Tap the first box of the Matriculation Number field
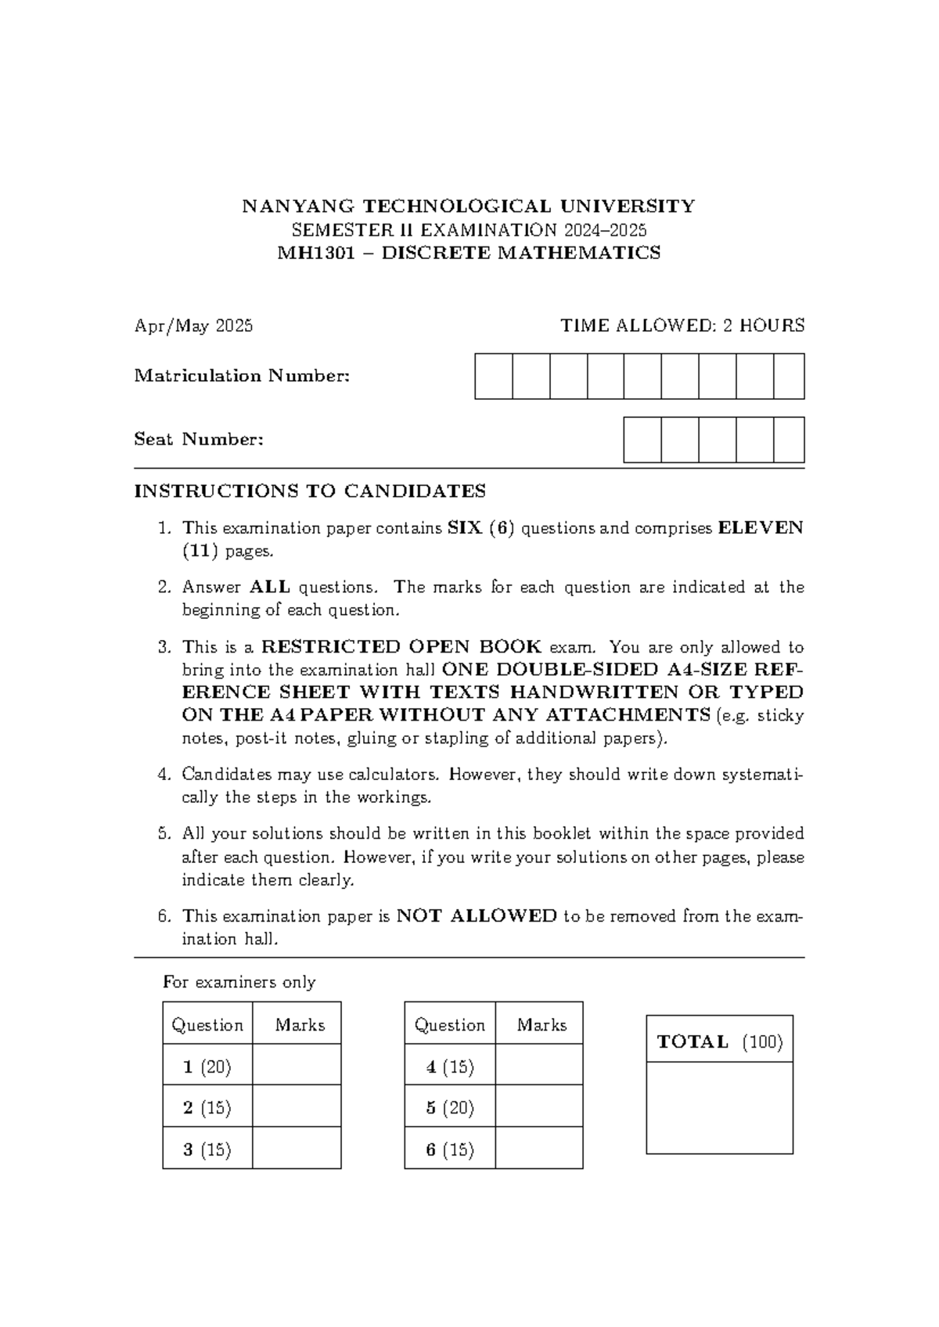(494, 376)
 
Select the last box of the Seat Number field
(789, 440)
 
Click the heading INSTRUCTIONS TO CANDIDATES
(310, 491)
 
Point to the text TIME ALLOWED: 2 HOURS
(682, 325)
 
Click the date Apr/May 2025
(193, 326)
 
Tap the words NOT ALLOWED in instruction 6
(477, 916)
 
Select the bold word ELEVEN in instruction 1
(761, 528)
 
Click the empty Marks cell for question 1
(297, 1066)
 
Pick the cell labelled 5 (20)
(450, 1108)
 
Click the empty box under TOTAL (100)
(719, 1107)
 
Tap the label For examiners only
(239, 983)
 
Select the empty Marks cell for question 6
(539, 1149)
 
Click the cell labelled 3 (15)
(207, 1149)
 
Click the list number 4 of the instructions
(163, 775)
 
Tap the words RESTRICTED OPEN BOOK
(401, 647)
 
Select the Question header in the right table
(449, 1025)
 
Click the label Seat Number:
(199, 440)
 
